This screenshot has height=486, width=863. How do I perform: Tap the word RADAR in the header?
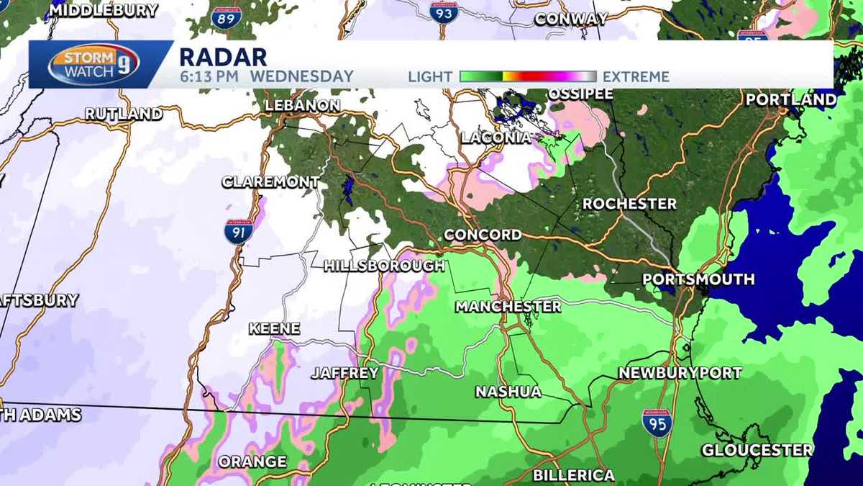tap(223, 56)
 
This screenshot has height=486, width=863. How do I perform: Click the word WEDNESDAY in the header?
tap(302, 76)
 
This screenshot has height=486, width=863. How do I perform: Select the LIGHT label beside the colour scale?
tap(430, 76)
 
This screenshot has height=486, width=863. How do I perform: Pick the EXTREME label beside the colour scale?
tap(636, 76)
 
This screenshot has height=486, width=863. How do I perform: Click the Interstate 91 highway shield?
tap(238, 232)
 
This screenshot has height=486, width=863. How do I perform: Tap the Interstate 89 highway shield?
tap(225, 18)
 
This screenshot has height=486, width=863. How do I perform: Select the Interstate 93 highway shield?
tap(444, 12)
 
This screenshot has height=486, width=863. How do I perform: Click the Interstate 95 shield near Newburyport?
tap(657, 423)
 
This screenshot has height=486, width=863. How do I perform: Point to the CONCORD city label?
tap(483, 235)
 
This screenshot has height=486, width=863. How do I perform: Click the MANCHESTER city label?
tap(508, 307)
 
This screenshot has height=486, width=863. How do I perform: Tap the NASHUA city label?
tap(508, 392)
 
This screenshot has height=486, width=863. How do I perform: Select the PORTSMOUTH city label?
tap(698, 279)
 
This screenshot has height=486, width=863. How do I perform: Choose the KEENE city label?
tap(274, 328)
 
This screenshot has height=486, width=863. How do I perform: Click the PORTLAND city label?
tap(791, 99)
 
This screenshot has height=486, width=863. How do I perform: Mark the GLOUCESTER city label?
tap(757, 451)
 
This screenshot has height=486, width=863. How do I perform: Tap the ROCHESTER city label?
tap(629, 204)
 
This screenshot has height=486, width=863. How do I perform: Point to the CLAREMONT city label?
tap(270, 182)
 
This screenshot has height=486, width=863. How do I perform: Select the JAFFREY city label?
tap(344, 373)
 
